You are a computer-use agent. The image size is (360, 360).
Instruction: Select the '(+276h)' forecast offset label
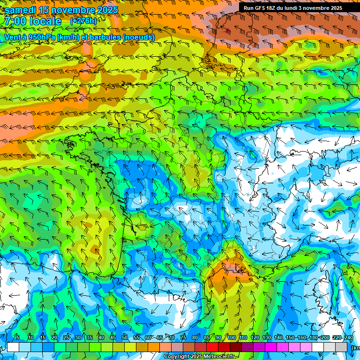(x=83, y=21)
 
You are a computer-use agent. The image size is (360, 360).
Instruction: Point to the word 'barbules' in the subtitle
(x=104, y=37)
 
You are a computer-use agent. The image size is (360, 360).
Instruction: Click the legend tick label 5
(x=18, y=338)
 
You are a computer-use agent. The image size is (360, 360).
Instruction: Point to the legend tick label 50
(x=125, y=338)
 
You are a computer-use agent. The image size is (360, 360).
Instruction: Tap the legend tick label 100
(x=232, y=338)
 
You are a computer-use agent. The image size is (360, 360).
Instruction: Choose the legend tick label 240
(x=349, y=338)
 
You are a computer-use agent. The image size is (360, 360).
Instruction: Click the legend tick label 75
(x=183, y=338)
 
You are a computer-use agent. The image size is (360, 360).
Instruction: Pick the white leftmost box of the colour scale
(x=13, y=347)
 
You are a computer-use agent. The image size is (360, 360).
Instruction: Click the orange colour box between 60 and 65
(x=154, y=347)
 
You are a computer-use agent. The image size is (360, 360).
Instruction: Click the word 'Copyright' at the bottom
(x=176, y=357)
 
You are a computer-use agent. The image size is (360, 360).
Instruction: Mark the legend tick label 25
(x=66, y=338)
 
